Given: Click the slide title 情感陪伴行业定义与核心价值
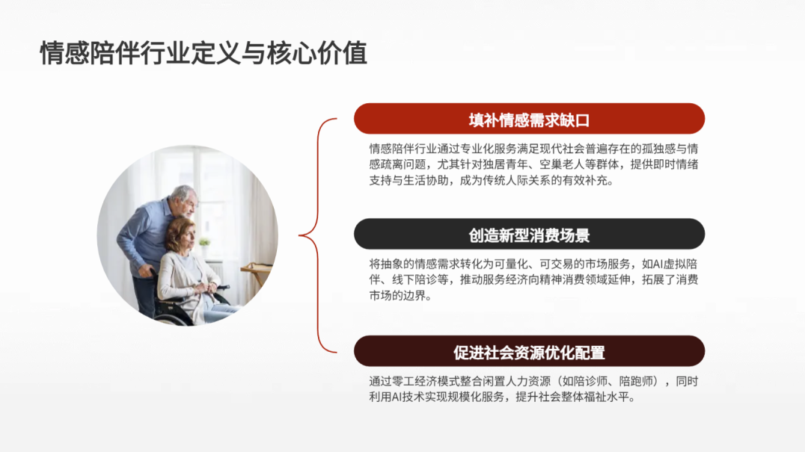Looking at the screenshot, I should coord(203,54).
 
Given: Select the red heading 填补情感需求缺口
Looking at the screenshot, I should coord(529,120).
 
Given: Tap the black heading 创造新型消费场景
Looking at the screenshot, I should coord(529,235).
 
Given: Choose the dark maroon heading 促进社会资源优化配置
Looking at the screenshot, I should coord(529,353).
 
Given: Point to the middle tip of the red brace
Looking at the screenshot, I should coord(302,236).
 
